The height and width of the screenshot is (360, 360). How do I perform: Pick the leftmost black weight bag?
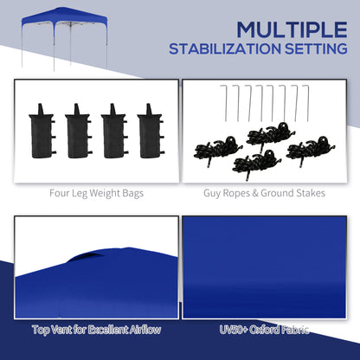point(41,131)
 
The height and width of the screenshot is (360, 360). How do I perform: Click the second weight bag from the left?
point(77,131)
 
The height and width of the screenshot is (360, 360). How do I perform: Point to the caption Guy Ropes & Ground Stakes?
point(266,193)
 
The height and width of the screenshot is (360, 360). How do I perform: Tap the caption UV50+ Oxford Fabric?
point(266,330)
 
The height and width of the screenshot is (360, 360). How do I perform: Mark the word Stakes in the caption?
point(307,193)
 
